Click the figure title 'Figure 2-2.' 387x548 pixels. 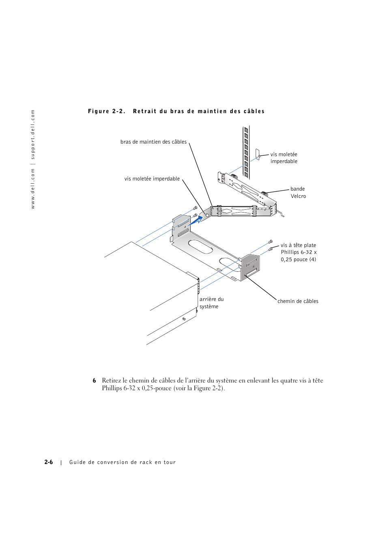click(107, 111)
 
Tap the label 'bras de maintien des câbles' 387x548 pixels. click(153, 142)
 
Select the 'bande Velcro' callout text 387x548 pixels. click(298, 192)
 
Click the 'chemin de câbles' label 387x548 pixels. click(298, 301)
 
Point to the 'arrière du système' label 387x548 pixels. click(211, 303)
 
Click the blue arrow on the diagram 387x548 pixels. click(195, 221)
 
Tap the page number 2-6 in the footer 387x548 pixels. click(49, 462)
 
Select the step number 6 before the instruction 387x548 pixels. click(94, 380)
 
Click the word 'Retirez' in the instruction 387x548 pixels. click(111, 380)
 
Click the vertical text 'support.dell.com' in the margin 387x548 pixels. click(33, 134)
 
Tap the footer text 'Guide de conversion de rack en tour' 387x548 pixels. click(123, 462)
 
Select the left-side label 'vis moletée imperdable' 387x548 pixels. click(152, 179)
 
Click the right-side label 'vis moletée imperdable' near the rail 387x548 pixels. click(284, 158)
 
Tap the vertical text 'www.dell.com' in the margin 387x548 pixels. click(33, 189)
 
